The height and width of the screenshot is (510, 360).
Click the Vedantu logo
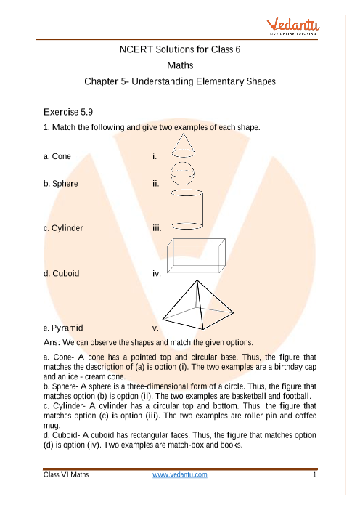pos(292,27)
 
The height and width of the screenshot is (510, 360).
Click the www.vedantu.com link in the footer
pos(180,475)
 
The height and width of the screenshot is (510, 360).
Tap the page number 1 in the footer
pos(314,475)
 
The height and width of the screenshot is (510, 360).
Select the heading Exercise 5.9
pos(68,112)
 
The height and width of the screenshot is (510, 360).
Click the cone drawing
pos(184,145)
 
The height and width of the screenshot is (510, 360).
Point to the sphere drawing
pos(183,174)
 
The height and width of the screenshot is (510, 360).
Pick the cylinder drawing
pos(187,209)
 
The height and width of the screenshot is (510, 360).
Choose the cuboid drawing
pos(196,256)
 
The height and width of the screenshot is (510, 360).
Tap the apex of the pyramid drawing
pos(197,280)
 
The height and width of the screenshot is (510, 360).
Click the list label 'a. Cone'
pos(57,156)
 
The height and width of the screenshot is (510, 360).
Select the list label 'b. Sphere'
pos(61,184)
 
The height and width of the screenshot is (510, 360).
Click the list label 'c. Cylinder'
pos(63,228)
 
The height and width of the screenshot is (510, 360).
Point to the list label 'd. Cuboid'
pos(62,274)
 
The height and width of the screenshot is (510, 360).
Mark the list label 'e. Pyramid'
pos(63,328)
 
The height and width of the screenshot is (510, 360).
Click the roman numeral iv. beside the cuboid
pos(157,274)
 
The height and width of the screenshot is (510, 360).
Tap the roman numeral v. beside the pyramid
pos(155,328)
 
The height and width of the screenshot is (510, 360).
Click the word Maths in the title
pos(180,65)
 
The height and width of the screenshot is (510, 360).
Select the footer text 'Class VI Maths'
pos(66,475)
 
